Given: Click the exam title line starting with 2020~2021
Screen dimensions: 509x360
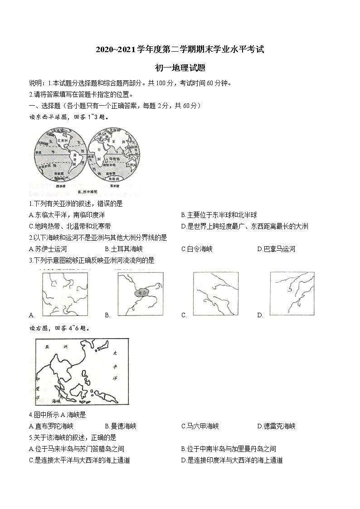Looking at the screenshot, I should click(180, 50).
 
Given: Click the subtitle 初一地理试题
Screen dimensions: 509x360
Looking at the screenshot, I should click(180, 68).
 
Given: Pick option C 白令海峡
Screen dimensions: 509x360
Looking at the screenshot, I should click(197, 249).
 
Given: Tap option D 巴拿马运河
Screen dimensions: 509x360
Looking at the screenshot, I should click(276, 249).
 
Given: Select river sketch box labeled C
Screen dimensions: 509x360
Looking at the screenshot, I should click(215, 293).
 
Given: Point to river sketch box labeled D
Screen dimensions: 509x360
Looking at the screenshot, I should click(292, 293).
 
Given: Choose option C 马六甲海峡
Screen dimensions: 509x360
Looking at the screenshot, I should click(200, 426).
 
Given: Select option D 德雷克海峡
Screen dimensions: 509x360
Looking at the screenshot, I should click(276, 426).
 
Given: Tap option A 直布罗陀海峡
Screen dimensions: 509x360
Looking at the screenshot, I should click(51, 426).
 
